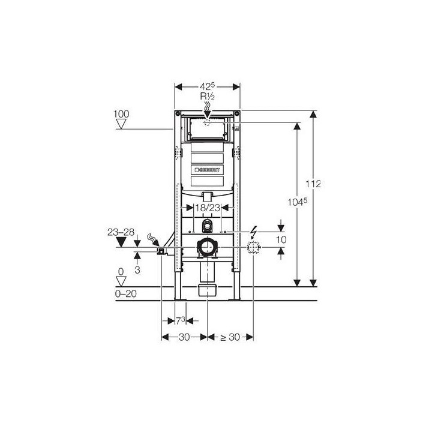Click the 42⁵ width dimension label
207,86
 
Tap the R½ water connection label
207,97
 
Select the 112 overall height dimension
313,184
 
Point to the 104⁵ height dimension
297,202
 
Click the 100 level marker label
121,114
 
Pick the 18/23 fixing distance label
208,208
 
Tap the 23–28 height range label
121,232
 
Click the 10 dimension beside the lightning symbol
281,239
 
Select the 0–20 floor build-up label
125,293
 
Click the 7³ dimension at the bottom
181,320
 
